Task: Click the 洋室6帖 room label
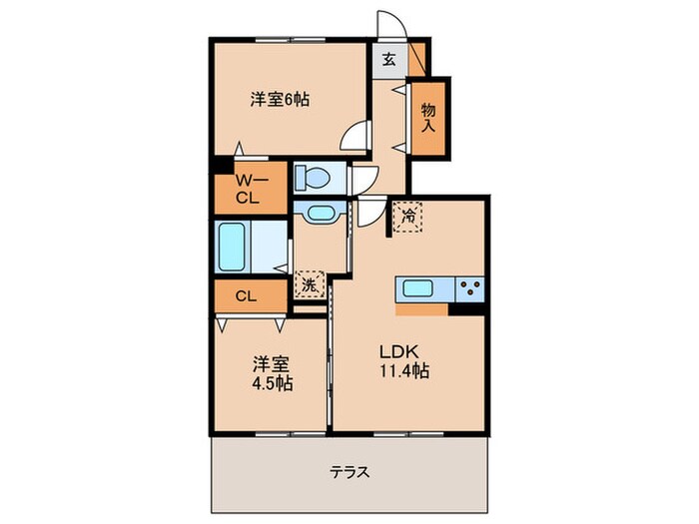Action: (279, 99)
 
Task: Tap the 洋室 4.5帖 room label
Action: (272, 373)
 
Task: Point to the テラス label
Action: (349, 471)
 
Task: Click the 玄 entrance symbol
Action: (388, 58)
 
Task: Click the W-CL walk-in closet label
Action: (248, 189)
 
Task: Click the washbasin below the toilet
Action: (320, 213)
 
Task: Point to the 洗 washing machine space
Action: (310, 284)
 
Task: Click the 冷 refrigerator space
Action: (408, 215)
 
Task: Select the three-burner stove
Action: (468, 289)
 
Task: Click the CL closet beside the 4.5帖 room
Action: (248, 295)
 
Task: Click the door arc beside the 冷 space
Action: (370, 209)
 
